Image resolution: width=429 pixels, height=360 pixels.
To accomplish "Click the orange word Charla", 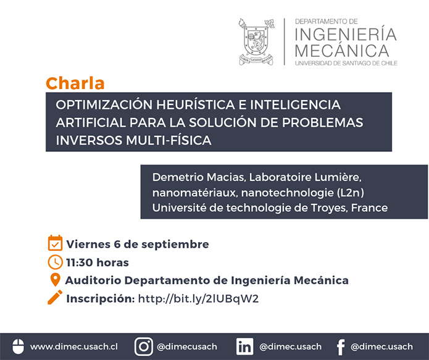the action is click(75, 83).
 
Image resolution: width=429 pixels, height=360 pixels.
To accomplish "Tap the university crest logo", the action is click(256, 42).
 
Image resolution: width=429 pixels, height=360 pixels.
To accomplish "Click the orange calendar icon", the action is click(55, 243).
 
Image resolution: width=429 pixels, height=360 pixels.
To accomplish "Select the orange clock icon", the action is click(55, 262).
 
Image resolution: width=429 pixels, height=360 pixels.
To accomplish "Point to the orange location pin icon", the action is click(56, 280).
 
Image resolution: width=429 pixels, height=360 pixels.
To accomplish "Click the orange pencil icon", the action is click(55, 298).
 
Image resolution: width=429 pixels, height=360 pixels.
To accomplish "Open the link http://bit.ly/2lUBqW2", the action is click(198, 299).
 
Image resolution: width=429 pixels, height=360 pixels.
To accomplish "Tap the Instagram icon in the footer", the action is click(144, 346).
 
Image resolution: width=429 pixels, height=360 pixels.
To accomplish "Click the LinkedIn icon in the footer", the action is click(245, 346).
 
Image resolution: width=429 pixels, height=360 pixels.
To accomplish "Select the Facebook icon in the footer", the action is click(341, 347).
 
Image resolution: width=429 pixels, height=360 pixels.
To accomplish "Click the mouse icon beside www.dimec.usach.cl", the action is click(19, 346).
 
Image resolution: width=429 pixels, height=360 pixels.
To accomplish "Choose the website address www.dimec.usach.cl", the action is click(74, 346).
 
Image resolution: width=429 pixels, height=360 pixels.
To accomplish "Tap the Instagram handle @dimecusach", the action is click(187, 346).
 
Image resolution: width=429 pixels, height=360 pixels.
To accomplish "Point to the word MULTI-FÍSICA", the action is click(169, 140).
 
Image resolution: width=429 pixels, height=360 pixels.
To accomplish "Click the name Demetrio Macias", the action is click(198, 177).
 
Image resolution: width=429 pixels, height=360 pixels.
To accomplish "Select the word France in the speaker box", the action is click(369, 207).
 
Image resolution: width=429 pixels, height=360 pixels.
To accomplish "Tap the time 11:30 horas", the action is click(98, 262).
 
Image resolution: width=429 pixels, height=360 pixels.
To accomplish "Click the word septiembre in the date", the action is click(175, 245).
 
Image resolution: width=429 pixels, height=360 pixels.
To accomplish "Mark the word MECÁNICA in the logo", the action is click(342, 51).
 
